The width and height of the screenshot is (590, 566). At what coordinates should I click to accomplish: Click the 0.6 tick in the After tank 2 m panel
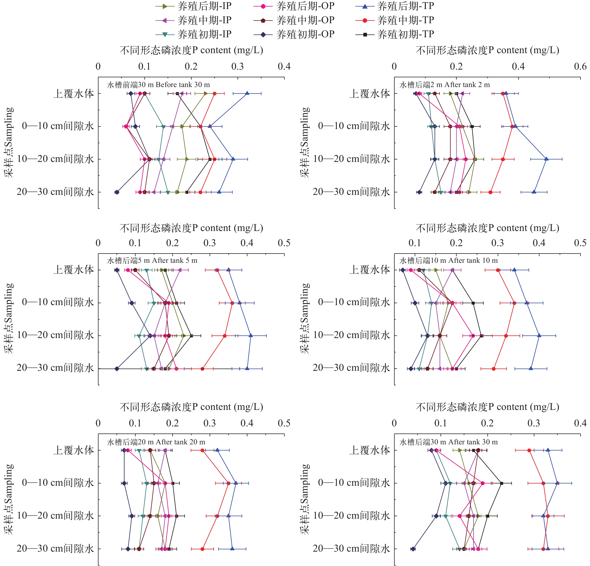(580, 66)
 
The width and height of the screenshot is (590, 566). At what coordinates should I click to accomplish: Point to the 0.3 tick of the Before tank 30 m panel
(237, 66)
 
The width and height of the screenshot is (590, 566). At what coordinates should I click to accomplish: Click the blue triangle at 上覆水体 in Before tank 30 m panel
(247, 94)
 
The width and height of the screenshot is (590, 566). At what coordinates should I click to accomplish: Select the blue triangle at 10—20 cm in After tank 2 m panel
(546, 159)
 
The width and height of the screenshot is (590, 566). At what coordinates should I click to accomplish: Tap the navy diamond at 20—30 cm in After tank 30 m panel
(413, 549)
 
